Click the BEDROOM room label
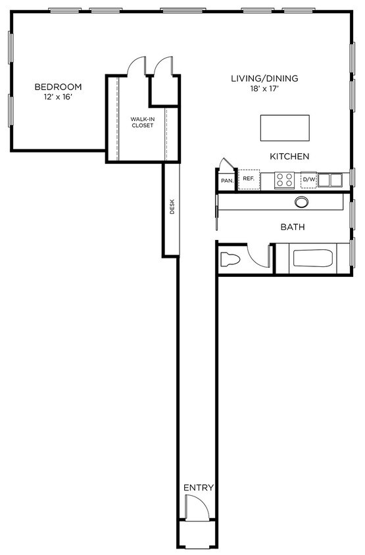(58, 87)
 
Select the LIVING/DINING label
(264, 79)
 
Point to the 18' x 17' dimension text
(264, 89)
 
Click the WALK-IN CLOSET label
(142, 122)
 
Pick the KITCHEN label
(289, 157)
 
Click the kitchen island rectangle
(285, 127)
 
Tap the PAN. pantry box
(227, 180)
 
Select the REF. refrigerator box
(249, 179)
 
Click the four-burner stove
(285, 179)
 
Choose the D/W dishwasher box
(309, 179)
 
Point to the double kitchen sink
(331, 179)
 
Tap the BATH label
(293, 228)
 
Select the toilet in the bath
(231, 259)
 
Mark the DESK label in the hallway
(172, 207)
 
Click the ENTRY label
(199, 487)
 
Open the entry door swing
(197, 508)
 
